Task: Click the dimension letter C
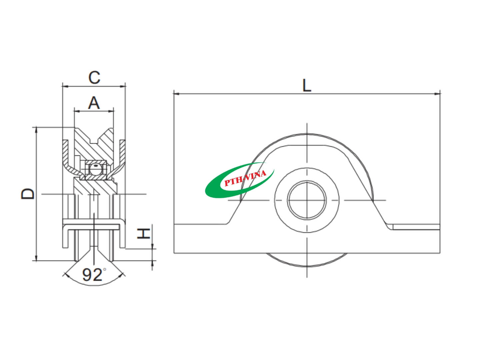tap(94, 77)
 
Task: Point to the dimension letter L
tap(306, 85)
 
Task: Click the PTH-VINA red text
tap(245, 179)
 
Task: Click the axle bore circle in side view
tap(307, 200)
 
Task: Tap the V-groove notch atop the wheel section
tap(95, 140)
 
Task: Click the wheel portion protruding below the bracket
tap(307, 260)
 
